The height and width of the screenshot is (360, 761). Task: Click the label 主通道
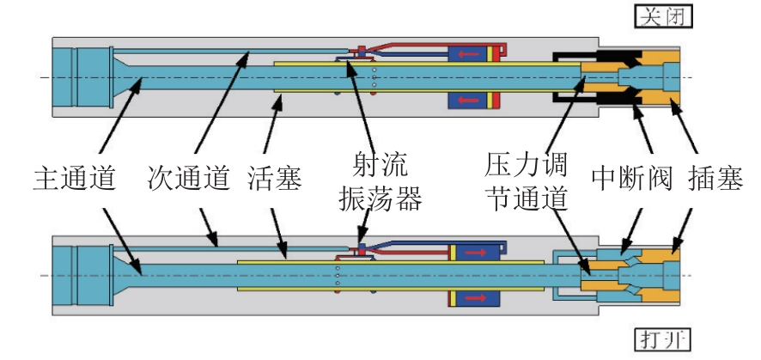click(75, 179)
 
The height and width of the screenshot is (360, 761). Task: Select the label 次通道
click(189, 179)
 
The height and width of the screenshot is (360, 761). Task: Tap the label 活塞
click(275, 179)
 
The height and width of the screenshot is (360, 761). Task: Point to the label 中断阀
click(632, 180)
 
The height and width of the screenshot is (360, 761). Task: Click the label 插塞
click(715, 180)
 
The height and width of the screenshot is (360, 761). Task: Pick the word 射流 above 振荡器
click(380, 165)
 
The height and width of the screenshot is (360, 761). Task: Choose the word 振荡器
click(380, 199)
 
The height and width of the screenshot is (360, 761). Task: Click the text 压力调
click(526, 166)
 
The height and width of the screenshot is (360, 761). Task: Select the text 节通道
click(527, 199)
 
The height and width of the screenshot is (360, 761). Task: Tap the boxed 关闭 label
click(663, 16)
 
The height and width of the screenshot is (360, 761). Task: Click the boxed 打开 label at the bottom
click(662, 340)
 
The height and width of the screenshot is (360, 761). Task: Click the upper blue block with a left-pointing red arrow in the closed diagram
click(467, 54)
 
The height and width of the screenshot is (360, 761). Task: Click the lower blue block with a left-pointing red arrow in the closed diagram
click(467, 100)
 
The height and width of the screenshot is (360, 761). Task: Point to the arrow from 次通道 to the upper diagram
click(222, 102)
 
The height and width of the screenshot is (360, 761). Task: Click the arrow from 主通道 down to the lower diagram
click(121, 241)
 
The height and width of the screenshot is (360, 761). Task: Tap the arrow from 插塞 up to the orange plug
click(684, 125)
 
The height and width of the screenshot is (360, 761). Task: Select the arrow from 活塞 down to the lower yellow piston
click(278, 234)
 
